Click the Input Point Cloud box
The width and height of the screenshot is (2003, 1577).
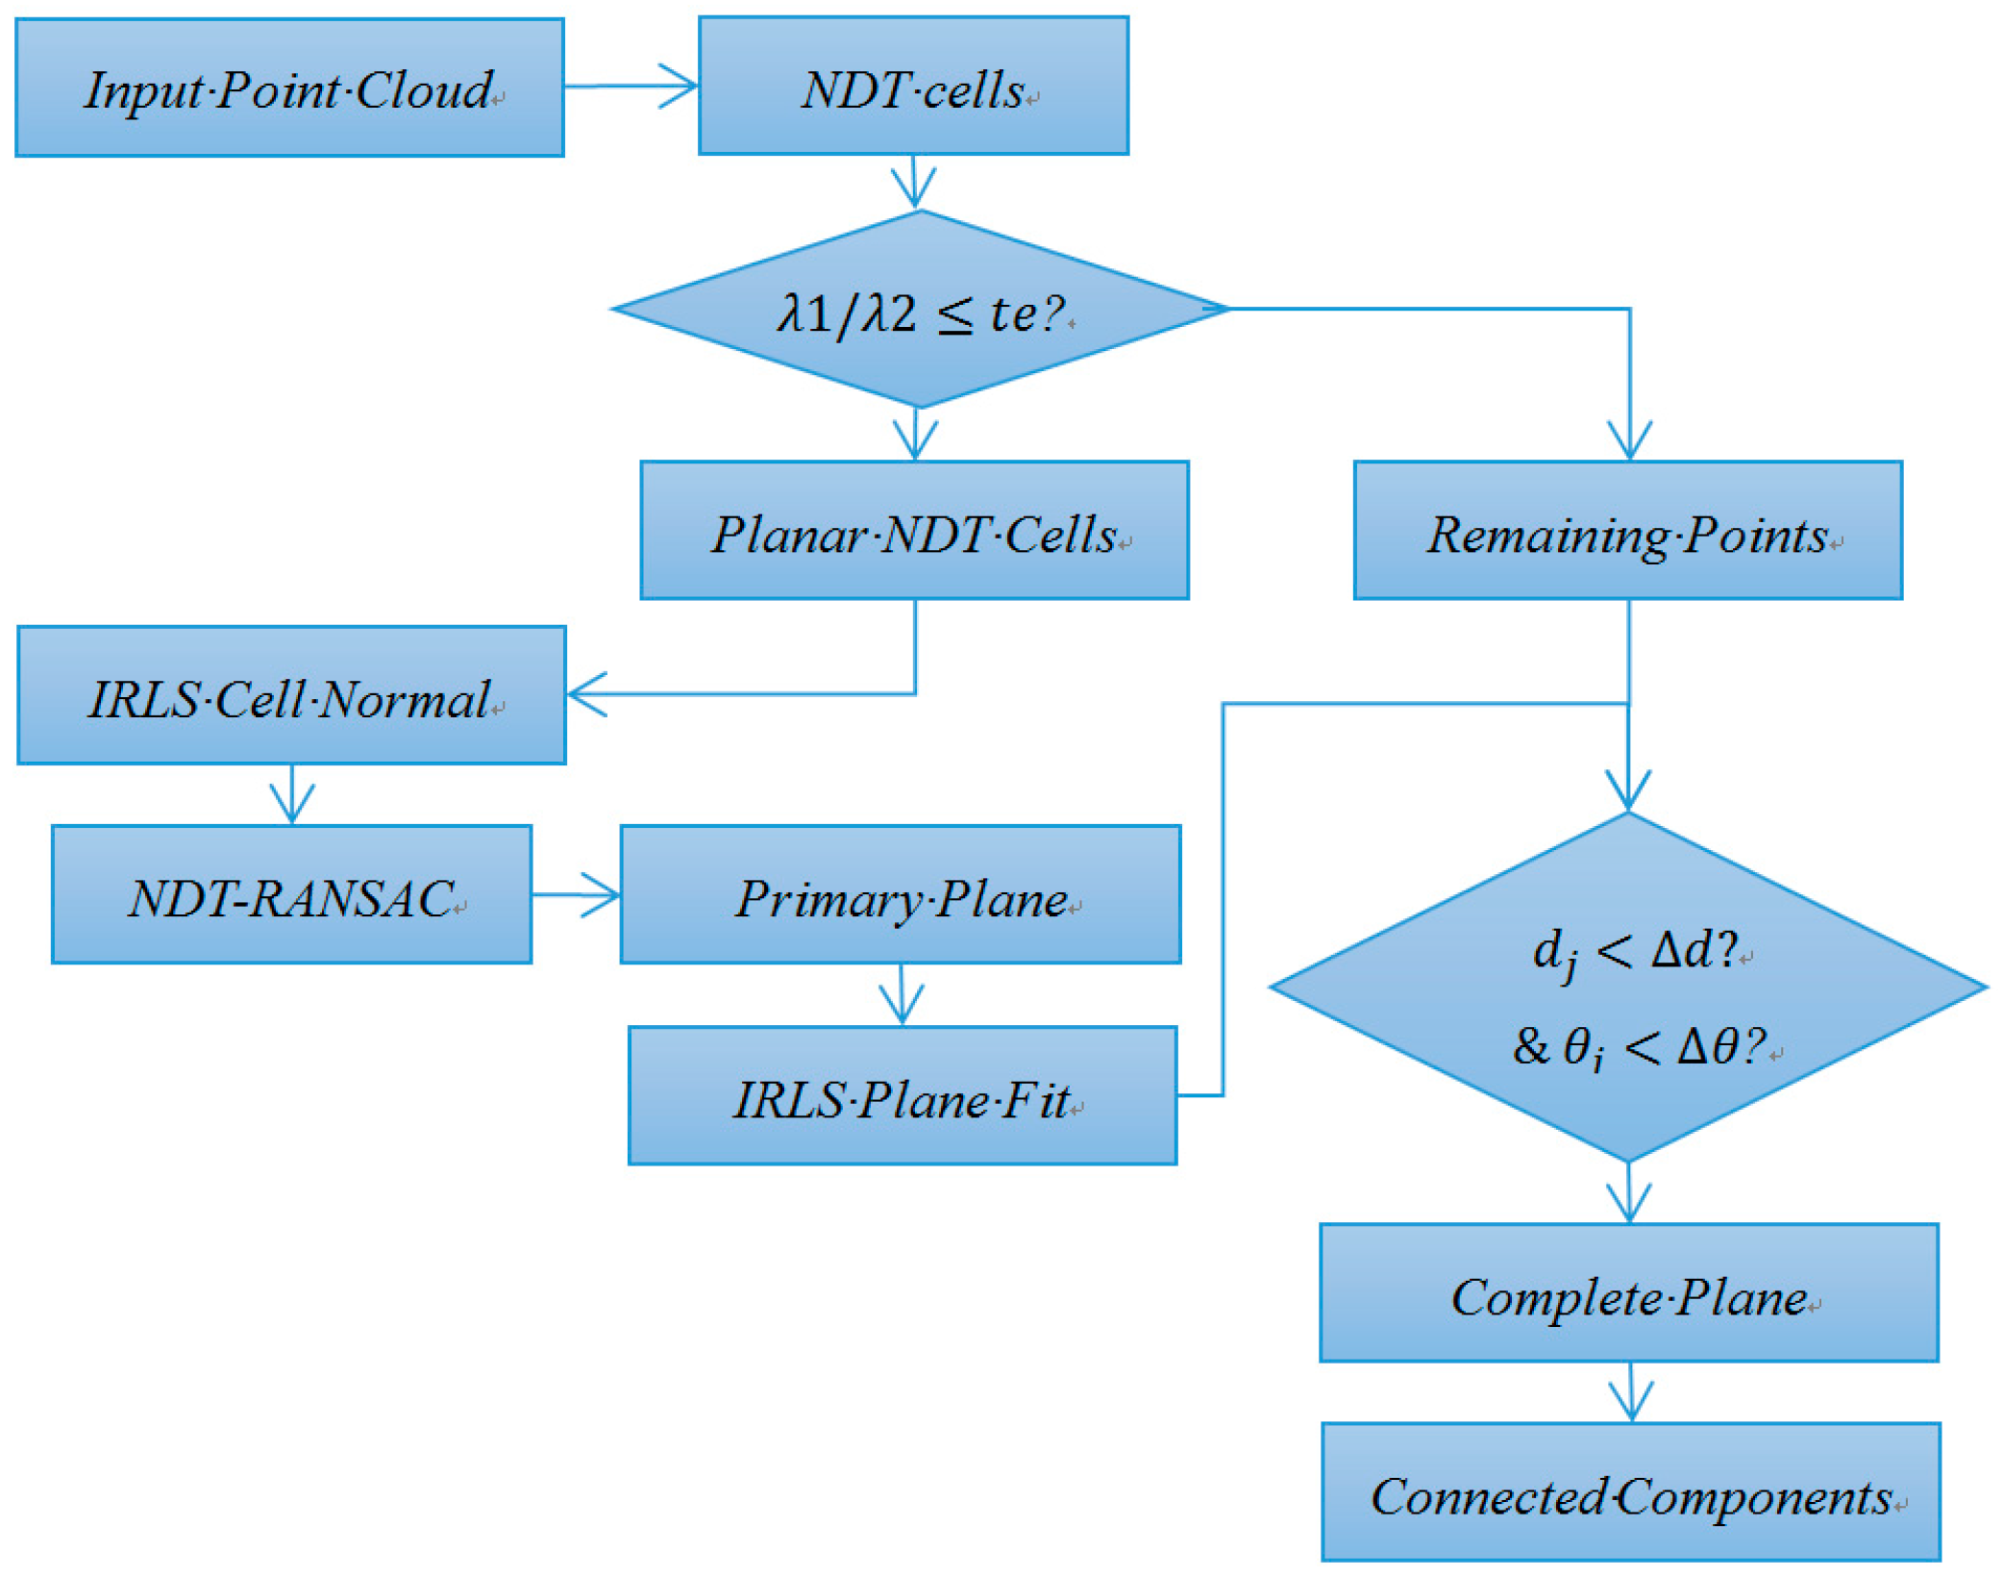point(289,88)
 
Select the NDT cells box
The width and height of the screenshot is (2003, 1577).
point(913,86)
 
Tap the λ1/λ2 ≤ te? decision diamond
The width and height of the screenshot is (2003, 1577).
point(919,310)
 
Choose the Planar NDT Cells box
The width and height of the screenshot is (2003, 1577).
point(914,531)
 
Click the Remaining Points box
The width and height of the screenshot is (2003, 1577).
point(1627,531)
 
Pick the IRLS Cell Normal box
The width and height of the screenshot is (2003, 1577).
point(291,695)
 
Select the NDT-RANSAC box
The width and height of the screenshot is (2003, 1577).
point(291,894)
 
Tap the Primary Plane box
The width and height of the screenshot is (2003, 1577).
point(900,894)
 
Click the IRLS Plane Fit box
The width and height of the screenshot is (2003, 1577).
point(902,1096)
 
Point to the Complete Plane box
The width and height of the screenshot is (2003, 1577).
point(1628,1293)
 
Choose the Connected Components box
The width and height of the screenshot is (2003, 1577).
point(1630,1492)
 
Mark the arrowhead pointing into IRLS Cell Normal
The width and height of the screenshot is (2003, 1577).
point(582,694)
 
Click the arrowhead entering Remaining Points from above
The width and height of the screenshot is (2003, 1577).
point(1629,446)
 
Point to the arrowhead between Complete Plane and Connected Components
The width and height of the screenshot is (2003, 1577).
point(1631,1407)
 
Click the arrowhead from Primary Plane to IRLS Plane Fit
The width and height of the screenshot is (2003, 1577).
point(902,1012)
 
